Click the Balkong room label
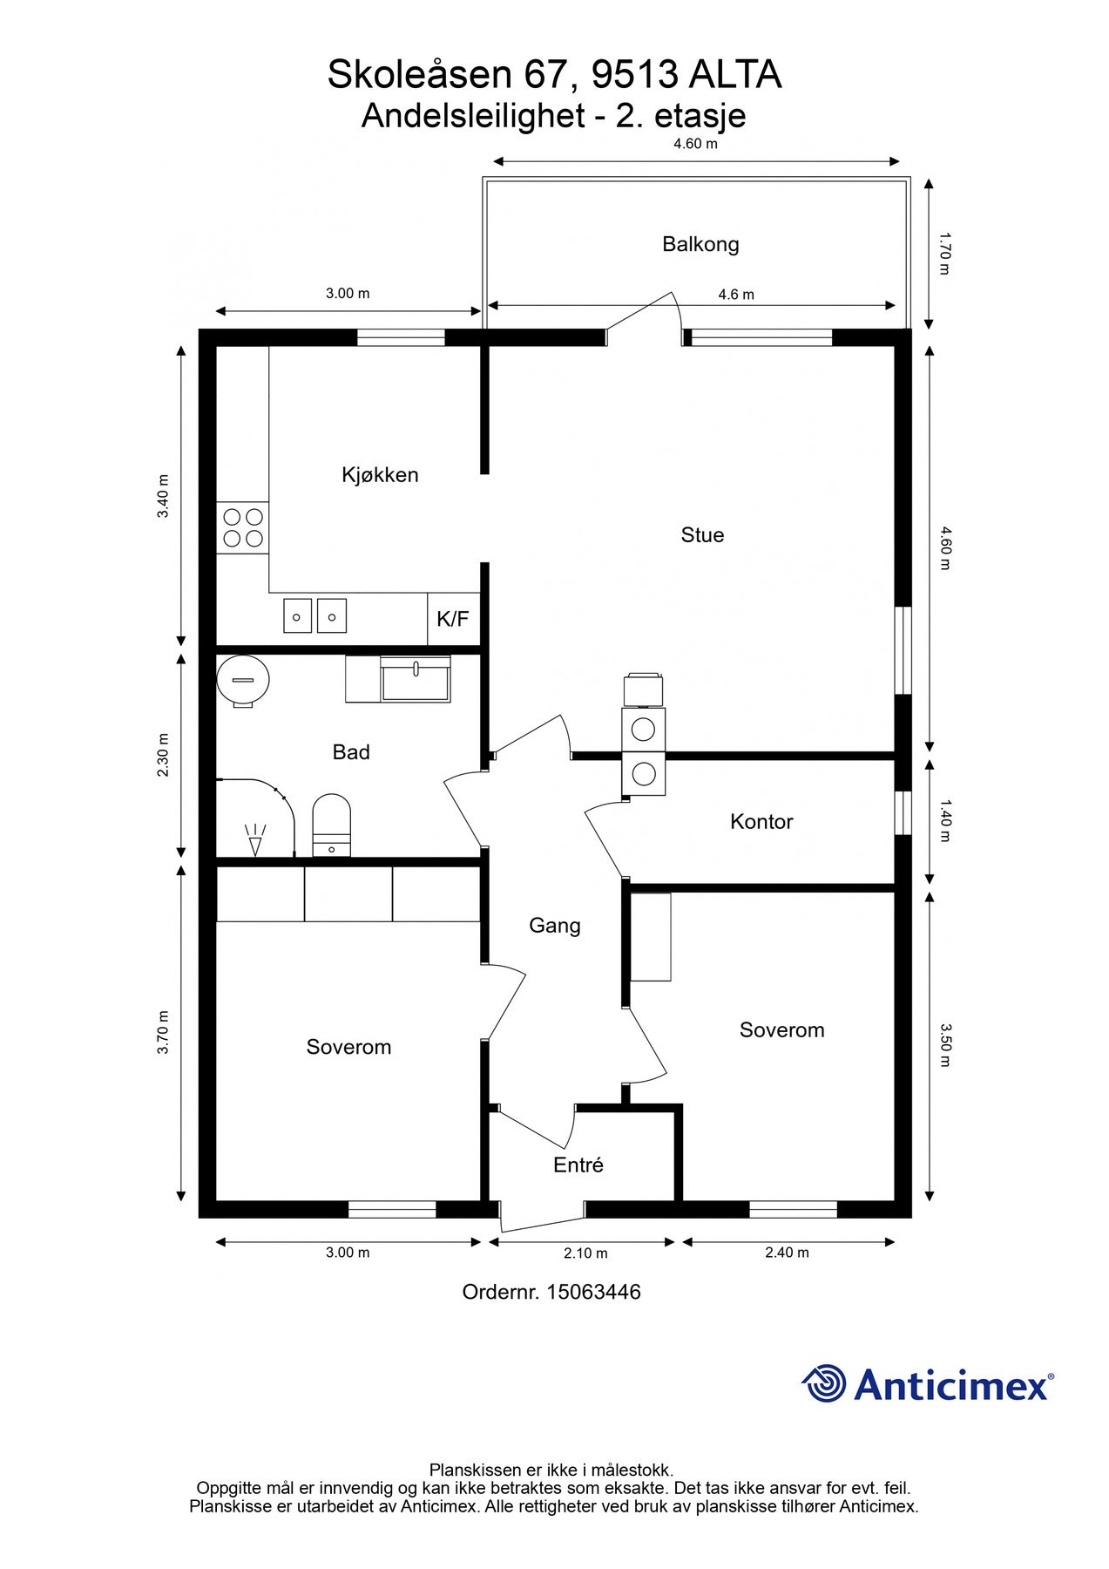click(x=700, y=244)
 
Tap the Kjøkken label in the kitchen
click(x=380, y=475)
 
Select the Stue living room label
click(x=702, y=535)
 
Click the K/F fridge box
click(x=453, y=620)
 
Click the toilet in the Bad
click(x=331, y=825)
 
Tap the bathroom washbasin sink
click(x=416, y=680)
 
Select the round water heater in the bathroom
click(x=243, y=681)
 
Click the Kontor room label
click(x=761, y=822)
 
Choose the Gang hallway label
click(x=555, y=926)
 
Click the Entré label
click(x=578, y=1165)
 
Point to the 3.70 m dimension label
click(x=163, y=1033)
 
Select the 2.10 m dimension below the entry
click(x=585, y=1253)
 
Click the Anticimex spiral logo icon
click(x=824, y=1382)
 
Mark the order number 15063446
click(x=593, y=1292)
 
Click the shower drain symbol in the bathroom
click(x=255, y=840)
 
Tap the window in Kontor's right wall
click(x=903, y=812)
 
